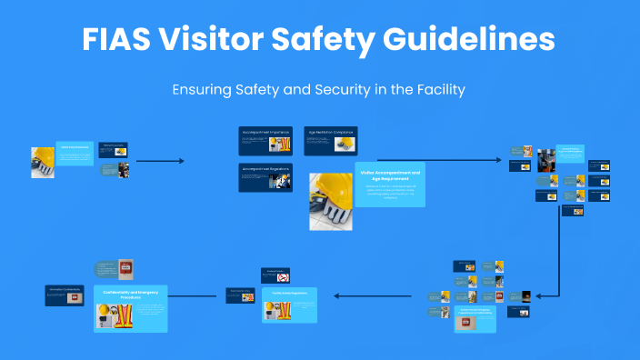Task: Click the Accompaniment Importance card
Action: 266,141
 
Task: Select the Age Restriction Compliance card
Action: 330,141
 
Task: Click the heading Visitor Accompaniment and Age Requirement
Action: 390,175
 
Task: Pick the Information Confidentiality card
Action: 65,295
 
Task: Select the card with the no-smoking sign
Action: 276,275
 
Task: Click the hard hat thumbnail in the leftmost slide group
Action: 43,161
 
